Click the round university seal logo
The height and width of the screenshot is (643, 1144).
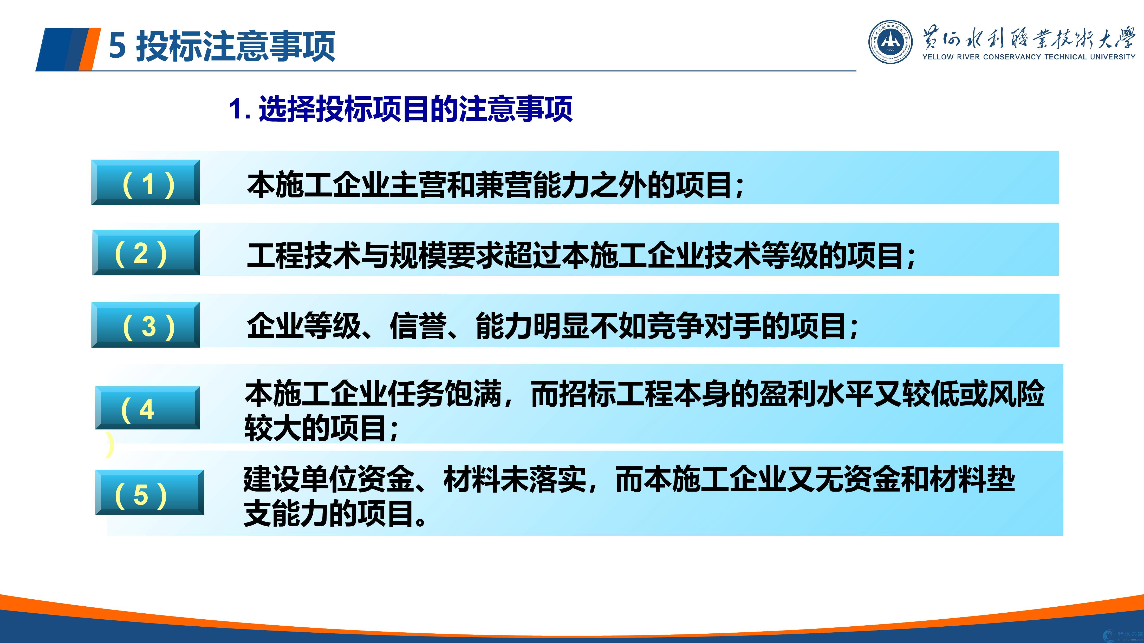pyautogui.click(x=890, y=41)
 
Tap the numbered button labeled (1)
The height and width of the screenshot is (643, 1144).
pyautogui.click(x=146, y=182)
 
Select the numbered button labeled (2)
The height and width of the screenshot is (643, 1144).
pyautogui.click(x=146, y=253)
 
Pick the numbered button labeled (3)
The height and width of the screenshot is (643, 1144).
pyautogui.click(x=146, y=324)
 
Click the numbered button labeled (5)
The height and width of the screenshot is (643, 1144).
pyautogui.click(x=150, y=493)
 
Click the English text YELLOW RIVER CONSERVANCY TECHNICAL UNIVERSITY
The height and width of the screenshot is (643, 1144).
pyautogui.click(x=1029, y=57)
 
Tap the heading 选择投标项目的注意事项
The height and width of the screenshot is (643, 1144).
pyautogui.click(x=416, y=109)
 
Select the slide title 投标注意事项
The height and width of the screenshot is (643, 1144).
pyautogui.click(x=235, y=46)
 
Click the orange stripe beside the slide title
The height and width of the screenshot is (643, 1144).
pyautogui.click(x=89, y=49)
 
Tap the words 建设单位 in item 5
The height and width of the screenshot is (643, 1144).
pyautogui.click(x=300, y=479)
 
